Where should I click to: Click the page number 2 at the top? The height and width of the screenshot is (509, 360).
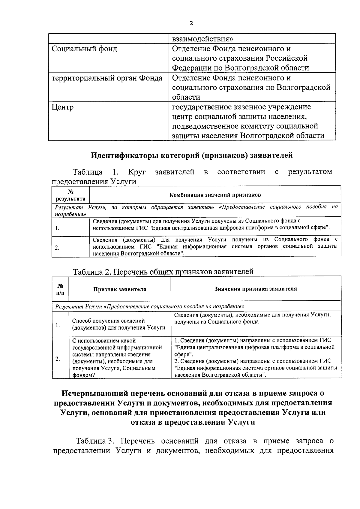tap(191, 24)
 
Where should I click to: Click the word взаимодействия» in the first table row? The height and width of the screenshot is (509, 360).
tap(203, 39)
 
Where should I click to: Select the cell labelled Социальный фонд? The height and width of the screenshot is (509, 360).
tap(84, 49)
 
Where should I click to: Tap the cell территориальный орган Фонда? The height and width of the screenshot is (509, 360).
tap(107, 78)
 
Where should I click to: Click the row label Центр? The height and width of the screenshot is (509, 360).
tap(63, 107)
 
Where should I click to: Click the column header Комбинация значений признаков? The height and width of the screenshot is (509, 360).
tap(215, 195)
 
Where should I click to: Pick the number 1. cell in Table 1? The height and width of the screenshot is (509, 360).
tap(57, 228)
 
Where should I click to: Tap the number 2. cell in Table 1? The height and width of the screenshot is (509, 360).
tap(57, 248)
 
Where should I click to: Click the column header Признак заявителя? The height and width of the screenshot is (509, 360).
tap(120, 289)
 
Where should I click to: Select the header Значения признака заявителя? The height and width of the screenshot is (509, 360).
tap(256, 289)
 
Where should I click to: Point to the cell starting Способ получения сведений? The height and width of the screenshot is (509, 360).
tap(118, 324)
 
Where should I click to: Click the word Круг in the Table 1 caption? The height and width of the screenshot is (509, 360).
tap(137, 172)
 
